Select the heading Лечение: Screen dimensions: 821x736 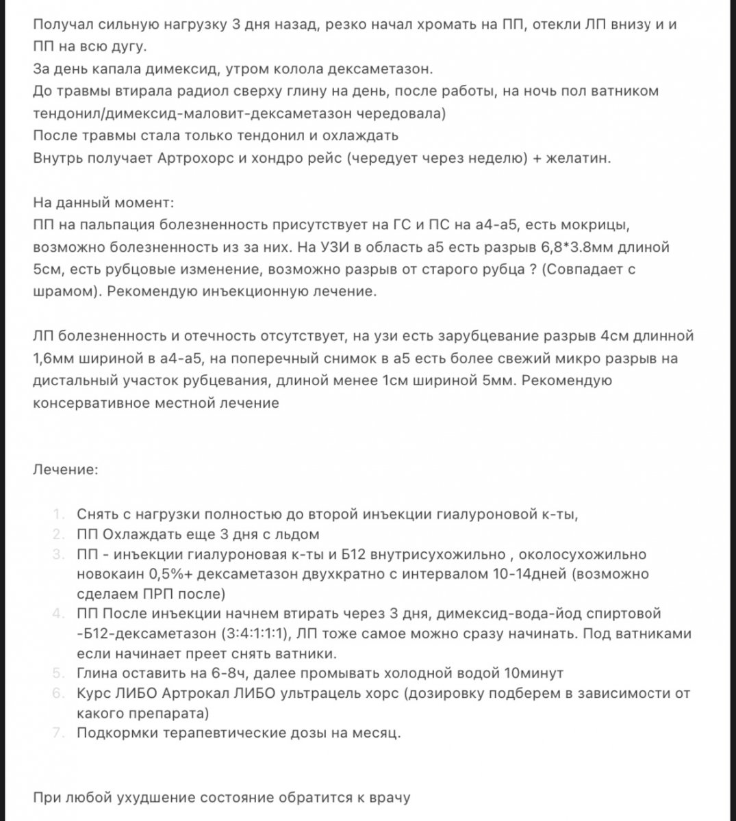[65, 470]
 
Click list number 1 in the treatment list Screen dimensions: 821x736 [60, 514]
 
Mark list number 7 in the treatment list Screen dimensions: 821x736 [60, 733]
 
